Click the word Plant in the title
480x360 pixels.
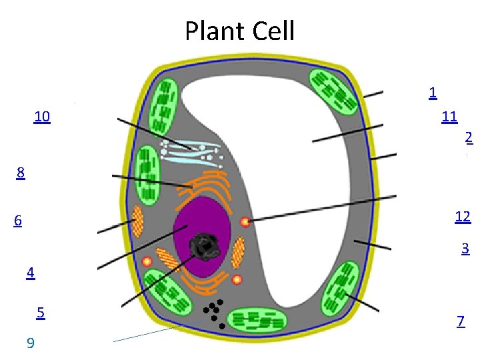[214, 31]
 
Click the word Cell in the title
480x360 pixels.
[271, 31]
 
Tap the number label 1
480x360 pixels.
[433, 93]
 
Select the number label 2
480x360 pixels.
[469, 137]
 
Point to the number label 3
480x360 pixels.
[465, 249]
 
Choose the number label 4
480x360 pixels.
[31, 273]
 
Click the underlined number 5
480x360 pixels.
[41, 312]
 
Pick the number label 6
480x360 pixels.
[18, 221]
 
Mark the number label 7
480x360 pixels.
[461, 321]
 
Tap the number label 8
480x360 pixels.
[21, 173]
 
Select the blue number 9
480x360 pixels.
[30, 343]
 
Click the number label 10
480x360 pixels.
[41, 117]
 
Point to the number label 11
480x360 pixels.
[449, 117]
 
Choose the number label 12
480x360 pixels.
[463, 217]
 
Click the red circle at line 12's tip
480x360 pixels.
[245, 222]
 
